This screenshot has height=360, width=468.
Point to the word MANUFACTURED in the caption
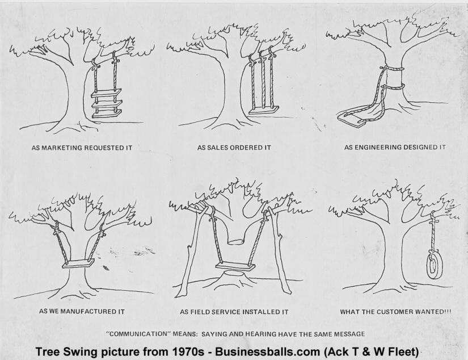pos(87,312)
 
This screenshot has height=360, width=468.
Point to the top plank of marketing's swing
pos(107,93)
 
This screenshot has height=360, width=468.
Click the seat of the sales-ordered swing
pos(264,110)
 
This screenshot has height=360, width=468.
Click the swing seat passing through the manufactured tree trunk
pos(78,263)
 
